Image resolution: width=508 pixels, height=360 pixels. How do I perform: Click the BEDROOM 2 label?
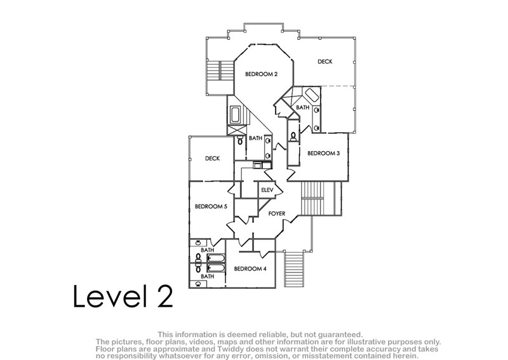(261, 74)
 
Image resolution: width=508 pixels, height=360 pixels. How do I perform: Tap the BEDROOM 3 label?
(323, 153)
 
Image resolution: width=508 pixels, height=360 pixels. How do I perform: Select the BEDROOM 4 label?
(250, 269)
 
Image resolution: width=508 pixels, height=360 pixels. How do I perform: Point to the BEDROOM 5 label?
(211, 206)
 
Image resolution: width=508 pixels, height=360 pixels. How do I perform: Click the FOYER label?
(277, 213)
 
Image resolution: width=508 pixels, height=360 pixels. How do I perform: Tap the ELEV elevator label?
(267, 190)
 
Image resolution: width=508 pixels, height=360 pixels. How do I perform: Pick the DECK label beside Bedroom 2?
(324, 62)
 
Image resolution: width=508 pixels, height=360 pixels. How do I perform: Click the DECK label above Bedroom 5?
(213, 159)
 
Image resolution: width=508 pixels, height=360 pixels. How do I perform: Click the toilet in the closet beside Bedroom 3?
(293, 137)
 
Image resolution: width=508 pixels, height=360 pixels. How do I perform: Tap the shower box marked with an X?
(237, 130)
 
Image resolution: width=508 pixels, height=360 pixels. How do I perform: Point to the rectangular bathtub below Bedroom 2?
(235, 115)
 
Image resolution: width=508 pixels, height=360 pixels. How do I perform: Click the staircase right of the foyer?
(312, 198)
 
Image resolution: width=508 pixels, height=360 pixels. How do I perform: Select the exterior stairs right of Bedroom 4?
(294, 269)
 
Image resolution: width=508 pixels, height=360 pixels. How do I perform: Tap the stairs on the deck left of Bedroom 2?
(220, 70)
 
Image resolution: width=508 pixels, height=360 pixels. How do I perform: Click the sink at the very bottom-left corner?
(199, 284)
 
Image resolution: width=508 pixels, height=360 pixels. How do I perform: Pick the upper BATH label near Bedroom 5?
(208, 250)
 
